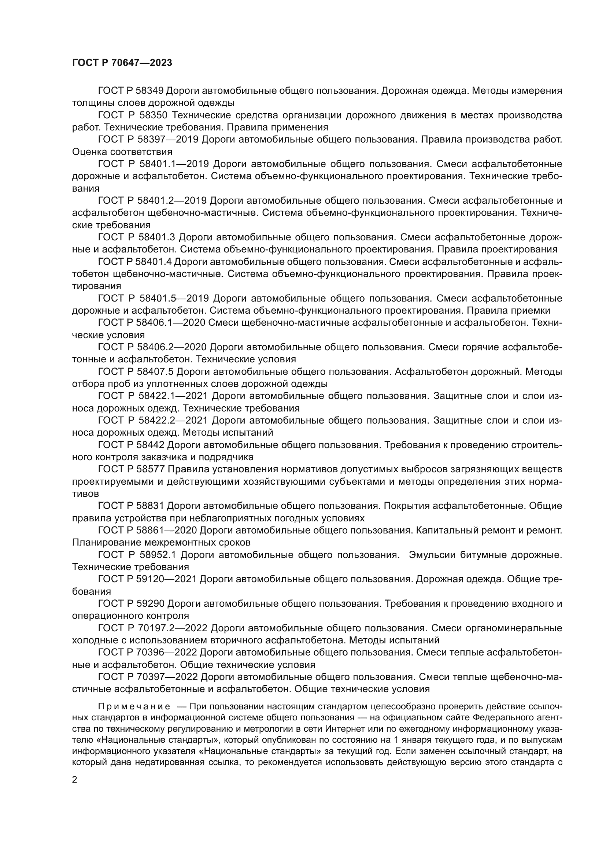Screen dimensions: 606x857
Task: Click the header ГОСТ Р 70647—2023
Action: (122, 63)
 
